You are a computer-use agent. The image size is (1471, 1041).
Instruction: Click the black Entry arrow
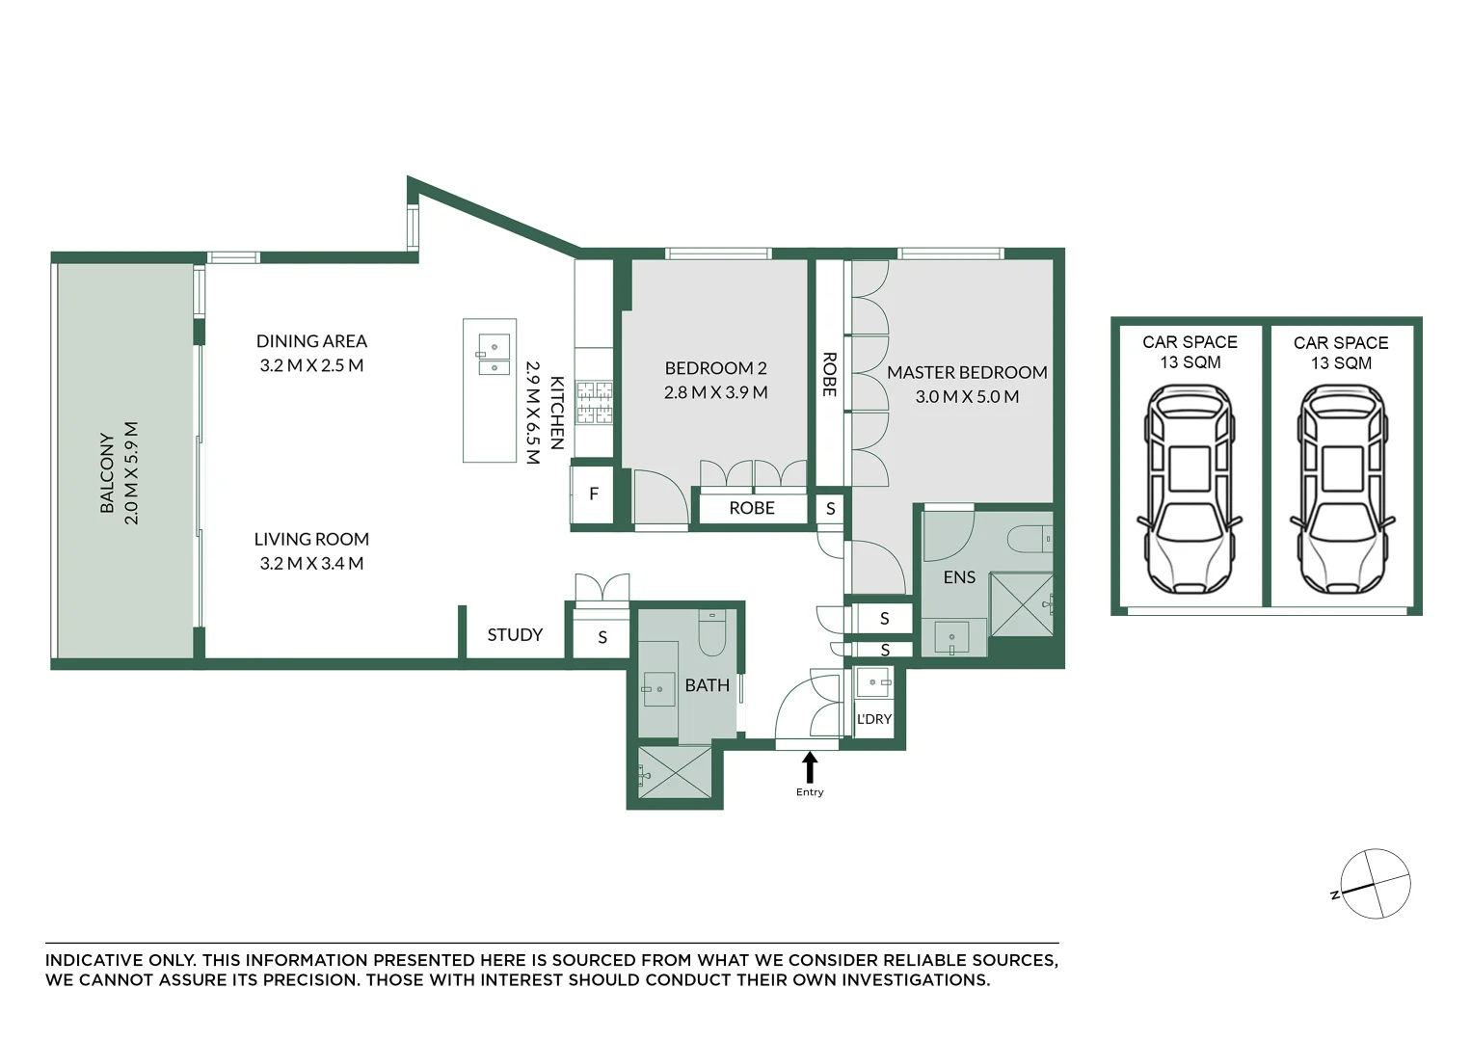(810, 767)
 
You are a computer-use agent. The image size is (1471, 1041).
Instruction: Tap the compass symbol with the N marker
(1375, 883)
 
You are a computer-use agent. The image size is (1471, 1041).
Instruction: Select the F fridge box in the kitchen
(593, 494)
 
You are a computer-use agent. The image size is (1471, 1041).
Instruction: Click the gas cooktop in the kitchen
(595, 403)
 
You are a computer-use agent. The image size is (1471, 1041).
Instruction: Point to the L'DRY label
(874, 719)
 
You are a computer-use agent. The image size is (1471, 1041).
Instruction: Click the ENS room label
(959, 577)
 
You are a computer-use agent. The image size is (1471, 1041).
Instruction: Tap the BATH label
(708, 685)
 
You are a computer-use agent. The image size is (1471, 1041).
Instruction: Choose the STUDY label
(515, 634)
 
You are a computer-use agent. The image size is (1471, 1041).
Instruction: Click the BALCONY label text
(107, 472)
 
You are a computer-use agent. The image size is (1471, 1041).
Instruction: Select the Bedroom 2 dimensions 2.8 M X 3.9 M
(716, 392)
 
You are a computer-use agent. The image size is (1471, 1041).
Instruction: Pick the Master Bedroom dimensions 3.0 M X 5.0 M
(967, 397)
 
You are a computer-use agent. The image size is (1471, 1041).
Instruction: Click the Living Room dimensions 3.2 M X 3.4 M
(311, 563)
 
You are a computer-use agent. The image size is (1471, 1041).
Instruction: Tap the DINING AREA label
(311, 341)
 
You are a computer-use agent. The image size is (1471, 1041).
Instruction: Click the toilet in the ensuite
(1030, 539)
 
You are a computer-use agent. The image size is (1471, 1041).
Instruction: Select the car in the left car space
(1190, 490)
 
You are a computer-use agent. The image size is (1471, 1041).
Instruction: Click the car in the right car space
(1342, 490)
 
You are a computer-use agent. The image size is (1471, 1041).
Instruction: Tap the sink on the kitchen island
(494, 354)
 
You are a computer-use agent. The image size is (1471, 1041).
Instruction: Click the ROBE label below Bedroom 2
(752, 508)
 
